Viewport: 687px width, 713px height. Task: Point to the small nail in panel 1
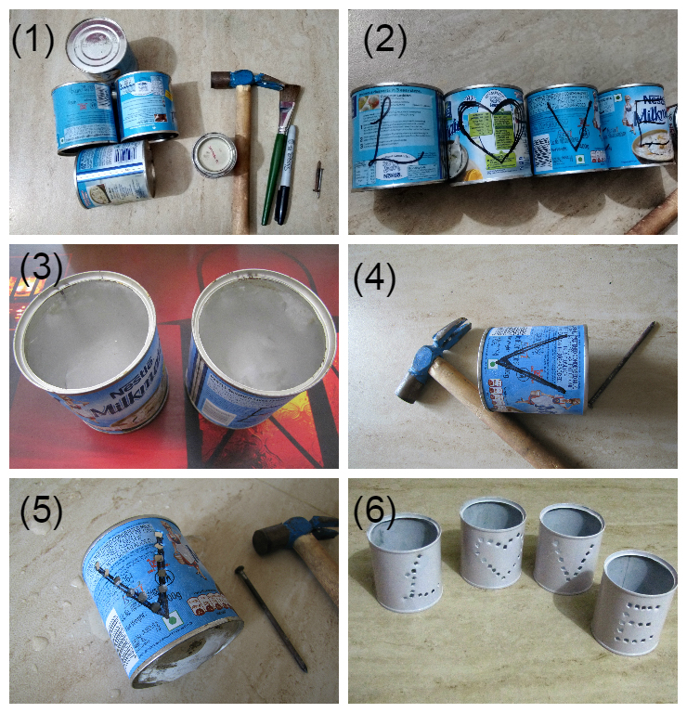click(x=318, y=178)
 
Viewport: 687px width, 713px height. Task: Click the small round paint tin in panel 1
click(x=215, y=153)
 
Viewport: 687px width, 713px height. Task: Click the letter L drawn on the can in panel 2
click(x=388, y=139)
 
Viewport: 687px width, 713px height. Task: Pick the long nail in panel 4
click(x=622, y=362)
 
